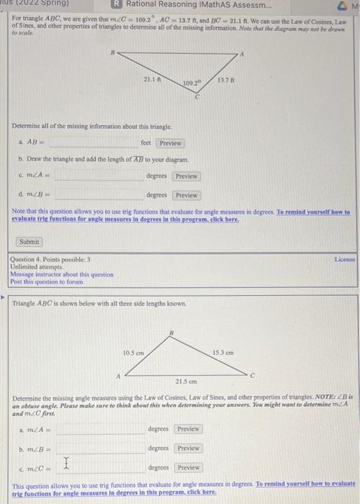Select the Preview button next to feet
click(x=171, y=143)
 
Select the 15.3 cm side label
click(x=223, y=353)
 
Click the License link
click(x=344, y=258)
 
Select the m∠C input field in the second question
click(x=101, y=467)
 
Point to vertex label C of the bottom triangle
click(x=253, y=374)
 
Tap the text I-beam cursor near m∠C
click(x=67, y=464)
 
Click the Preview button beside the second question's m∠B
click(x=188, y=448)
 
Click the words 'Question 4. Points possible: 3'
click(x=50, y=259)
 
